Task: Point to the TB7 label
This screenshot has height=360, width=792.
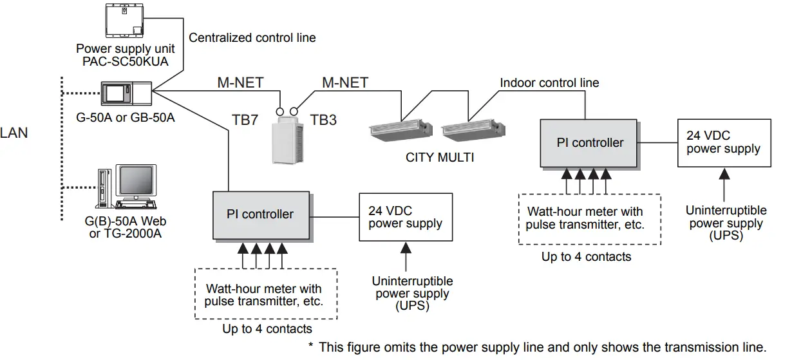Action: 245,119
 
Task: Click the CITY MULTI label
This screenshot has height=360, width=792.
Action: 440,156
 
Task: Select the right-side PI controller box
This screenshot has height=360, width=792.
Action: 590,142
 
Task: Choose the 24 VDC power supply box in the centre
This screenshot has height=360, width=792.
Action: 406,217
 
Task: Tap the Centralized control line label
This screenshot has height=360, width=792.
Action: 252,38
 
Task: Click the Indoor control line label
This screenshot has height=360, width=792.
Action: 549,83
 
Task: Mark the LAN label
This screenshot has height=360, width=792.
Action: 14,133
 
